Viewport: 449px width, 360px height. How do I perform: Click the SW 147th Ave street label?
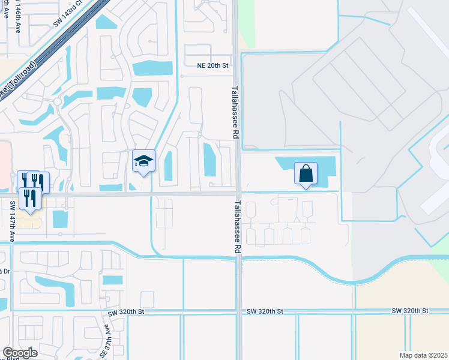[12, 220]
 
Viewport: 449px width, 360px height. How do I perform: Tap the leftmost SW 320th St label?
[127, 312]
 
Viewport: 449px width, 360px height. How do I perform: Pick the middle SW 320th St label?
[265, 312]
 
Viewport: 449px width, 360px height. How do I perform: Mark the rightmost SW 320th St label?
[410, 311]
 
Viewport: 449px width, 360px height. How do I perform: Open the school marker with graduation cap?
[143, 161]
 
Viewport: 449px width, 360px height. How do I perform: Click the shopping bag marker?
[306, 174]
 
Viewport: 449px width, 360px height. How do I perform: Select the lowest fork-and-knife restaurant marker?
[29, 197]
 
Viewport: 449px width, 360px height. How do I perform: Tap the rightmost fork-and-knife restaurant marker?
[38, 181]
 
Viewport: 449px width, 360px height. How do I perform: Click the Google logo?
[20, 352]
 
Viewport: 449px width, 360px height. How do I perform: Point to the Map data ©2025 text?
[423, 355]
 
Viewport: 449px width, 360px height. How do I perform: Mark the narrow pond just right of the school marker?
[168, 166]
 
